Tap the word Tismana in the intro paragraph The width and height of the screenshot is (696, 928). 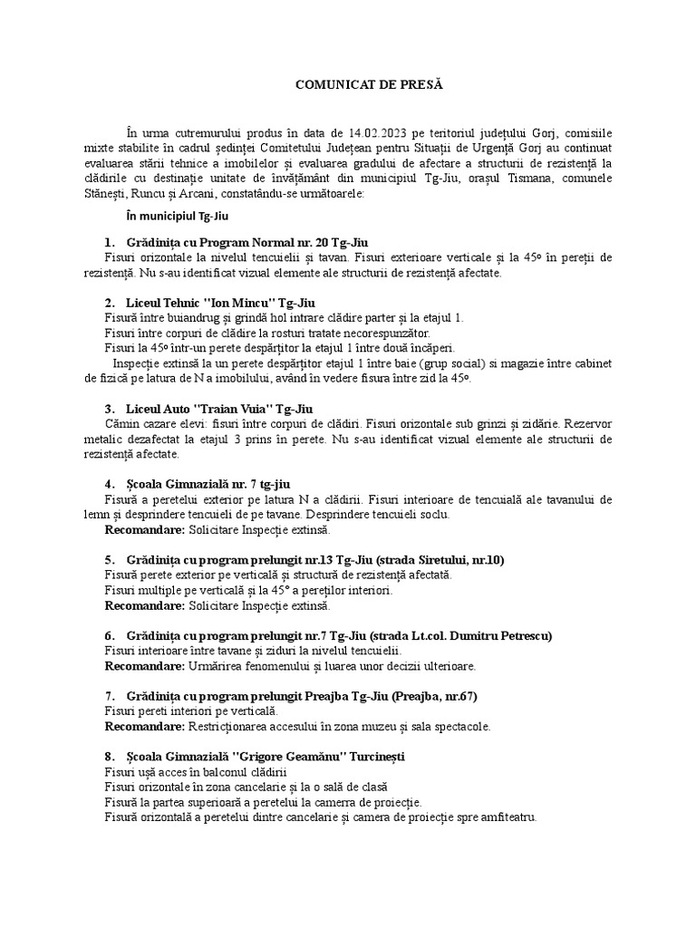tap(560, 179)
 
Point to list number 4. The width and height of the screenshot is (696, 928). tap(108, 483)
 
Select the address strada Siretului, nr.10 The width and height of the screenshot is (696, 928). tap(430, 558)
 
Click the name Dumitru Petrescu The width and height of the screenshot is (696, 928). tap(502, 634)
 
